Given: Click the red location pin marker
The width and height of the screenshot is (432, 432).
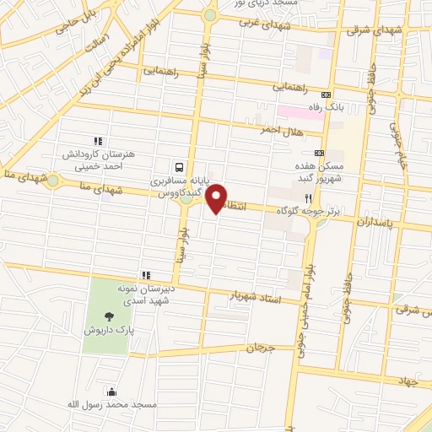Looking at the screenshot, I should [x=217, y=199].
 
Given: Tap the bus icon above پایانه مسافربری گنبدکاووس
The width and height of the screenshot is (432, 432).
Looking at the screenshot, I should [x=179, y=167].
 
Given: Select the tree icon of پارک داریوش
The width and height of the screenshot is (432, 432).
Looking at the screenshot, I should [x=106, y=316].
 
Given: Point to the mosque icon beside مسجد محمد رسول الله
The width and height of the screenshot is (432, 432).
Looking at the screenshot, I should [x=111, y=391].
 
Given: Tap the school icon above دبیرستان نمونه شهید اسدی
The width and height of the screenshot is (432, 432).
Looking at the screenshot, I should [x=146, y=275].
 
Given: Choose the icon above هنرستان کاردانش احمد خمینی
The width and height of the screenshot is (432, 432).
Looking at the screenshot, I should [x=97, y=142].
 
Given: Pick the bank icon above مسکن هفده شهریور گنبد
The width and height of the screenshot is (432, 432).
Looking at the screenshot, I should [x=318, y=154].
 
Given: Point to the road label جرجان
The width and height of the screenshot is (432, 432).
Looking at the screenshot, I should [x=257, y=348].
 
